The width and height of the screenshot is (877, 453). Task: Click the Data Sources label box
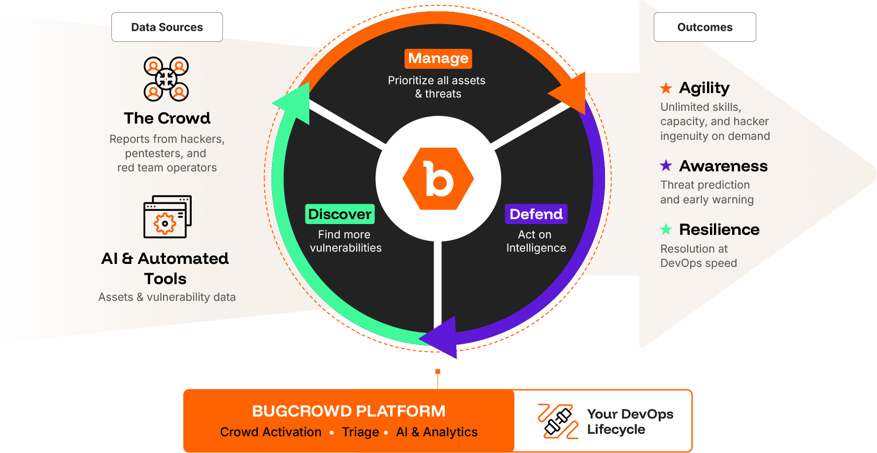(x=167, y=27)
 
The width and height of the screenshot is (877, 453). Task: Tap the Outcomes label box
(x=705, y=27)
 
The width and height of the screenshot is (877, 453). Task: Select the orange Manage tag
(x=438, y=59)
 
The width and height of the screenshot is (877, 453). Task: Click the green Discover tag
(x=339, y=214)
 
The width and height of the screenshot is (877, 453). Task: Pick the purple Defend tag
(x=536, y=214)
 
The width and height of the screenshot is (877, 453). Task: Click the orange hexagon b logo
(x=438, y=179)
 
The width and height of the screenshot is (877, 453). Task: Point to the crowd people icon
(x=166, y=79)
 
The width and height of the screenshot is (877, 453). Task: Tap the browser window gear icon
(x=167, y=217)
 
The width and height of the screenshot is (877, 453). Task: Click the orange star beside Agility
(x=666, y=88)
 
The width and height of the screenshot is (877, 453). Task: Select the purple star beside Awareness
(x=666, y=165)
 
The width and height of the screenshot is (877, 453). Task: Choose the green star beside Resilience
(x=666, y=229)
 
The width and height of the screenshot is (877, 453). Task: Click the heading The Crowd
(x=167, y=118)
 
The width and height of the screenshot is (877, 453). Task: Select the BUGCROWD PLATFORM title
(x=348, y=411)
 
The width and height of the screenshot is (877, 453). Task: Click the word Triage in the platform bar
(x=360, y=432)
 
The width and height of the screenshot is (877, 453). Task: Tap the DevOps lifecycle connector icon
(x=558, y=421)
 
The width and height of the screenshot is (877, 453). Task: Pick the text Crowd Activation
(x=270, y=432)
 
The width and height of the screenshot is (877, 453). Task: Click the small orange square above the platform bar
(x=438, y=371)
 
